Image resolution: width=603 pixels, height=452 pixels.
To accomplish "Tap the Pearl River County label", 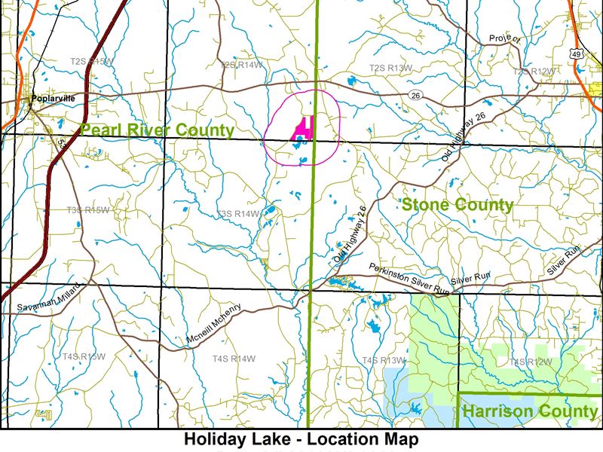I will coord(157,130).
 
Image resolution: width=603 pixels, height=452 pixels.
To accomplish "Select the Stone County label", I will coord(457,204).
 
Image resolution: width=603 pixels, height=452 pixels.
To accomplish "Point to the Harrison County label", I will coord(529,411).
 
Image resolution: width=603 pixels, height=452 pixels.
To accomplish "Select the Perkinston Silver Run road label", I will coord(409,279).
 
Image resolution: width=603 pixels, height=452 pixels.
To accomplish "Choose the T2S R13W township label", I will coord(390,69).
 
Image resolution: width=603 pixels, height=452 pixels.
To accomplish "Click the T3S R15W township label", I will coord(87,210).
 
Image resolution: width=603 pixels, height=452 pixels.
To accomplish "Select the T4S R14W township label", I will coord(234,359).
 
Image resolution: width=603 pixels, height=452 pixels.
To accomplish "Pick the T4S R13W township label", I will coord(384,360).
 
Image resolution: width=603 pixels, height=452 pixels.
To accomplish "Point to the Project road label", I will coord(504,38).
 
